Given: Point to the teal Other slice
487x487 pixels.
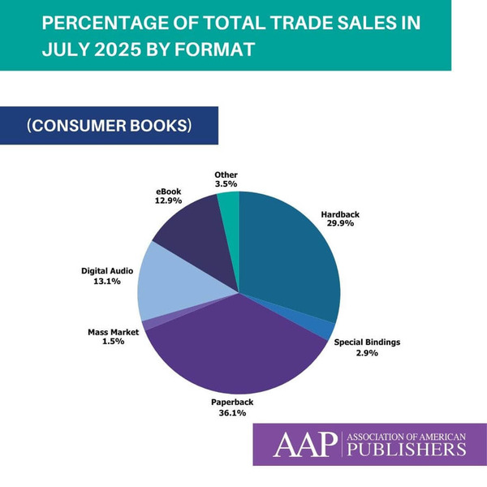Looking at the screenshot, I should click(230, 209).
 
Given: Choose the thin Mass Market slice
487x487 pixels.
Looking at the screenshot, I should click(147, 325).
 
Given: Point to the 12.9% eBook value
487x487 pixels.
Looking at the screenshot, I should click(168, 200).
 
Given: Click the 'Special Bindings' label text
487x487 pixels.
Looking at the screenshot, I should click(367, 342).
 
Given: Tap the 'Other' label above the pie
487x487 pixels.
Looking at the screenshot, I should click(226, 175).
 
